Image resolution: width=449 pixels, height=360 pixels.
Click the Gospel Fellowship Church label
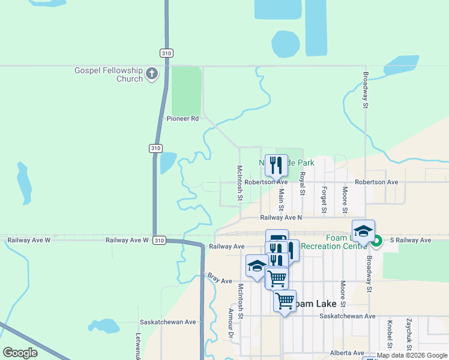pyautogui.click(x=109, y=74)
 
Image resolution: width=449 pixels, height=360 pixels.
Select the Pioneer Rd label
pyautogui.click(x=182, y=119)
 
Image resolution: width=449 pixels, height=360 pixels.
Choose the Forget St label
pyautogui.click(x=324, y=200)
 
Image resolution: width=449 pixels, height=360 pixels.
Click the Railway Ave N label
pyautogui.click(x=281, y=218)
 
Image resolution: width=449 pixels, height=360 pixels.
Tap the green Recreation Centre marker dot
pyautogui.click(x=376, y=242)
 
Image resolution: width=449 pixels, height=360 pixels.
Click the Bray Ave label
pyautogui.click(x=220, y=280)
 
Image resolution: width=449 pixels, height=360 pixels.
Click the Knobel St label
pyautogui.click(x=390, y=334)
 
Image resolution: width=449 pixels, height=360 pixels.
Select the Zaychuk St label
pyautogui.click(x=408, y=334)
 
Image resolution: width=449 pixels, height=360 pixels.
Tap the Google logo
pyautogui.click(x=20, y=353)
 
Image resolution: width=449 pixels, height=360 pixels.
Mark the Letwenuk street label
pyautogui.click(x=138, y=346)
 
